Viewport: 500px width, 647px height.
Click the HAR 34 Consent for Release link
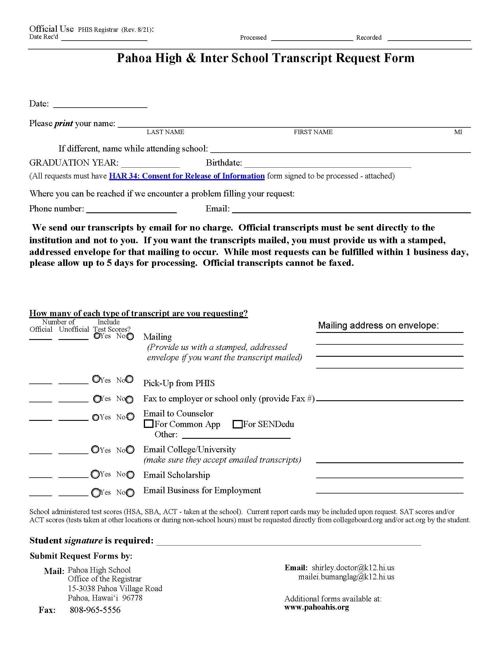click(x=186, y=176)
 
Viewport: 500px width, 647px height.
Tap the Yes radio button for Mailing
click(x=96, y=336)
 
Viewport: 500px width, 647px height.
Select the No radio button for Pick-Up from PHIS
click(x=129, y=379)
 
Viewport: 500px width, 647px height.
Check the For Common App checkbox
click(x=148, y=424)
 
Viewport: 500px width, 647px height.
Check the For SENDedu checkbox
click(x=237, y=424)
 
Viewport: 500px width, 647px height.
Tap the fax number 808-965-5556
click(x=95, y=610)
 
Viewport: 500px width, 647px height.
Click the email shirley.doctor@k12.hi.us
click(x=353, y=568)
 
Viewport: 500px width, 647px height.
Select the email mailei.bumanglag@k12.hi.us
click(x=346, y=577)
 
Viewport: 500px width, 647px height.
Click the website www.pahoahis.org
click(x=316, y=607)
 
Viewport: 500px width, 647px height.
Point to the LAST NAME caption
click(x=165, y=132)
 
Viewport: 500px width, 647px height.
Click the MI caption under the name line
click(x=458, y=132)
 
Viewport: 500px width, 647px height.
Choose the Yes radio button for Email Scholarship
click(x=95, y=474)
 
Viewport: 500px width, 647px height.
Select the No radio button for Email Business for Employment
click(x=130, y=493)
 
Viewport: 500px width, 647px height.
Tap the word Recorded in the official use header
click(x=369, y=38)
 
